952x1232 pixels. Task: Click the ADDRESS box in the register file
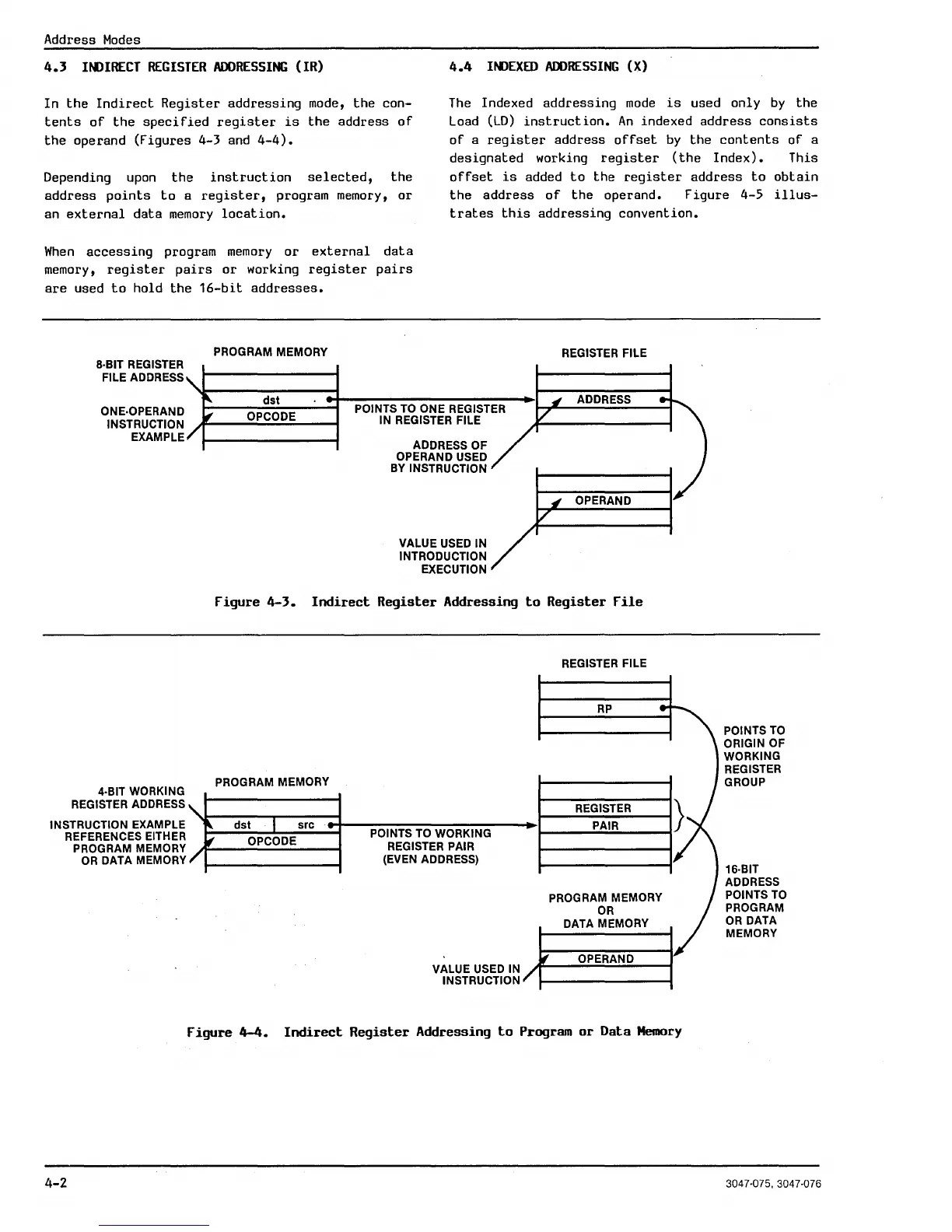click(x=604, y=400)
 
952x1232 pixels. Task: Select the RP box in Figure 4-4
click(x=604, y=709)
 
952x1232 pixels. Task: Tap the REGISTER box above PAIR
click(x=604, y=808)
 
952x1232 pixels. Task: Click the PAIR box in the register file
click(x=604, y=825)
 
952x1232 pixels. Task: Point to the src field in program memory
click(x=306, y=824)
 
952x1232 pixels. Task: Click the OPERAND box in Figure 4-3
click(x=604, y=500)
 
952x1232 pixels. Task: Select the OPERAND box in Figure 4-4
click(x=605, y=959)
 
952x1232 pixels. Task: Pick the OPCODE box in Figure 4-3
click(x=271, y=417)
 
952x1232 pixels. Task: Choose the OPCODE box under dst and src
click(x=271, y=841)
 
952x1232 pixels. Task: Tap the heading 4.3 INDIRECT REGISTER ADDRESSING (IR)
click(x=184, y=67)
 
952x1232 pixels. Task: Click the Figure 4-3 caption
click(x=429, y=601)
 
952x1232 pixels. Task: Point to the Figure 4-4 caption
click(x=434, y=1031)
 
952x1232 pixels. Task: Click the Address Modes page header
click(x=92, y=40)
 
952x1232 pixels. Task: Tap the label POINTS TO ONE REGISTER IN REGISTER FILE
click(x=429, y=415)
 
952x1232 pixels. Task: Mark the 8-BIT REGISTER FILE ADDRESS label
click(x=140, y=371)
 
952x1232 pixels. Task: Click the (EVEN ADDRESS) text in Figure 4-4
click(x=430, y=859)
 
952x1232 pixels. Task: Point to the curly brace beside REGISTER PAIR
click(x=678, y=817)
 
